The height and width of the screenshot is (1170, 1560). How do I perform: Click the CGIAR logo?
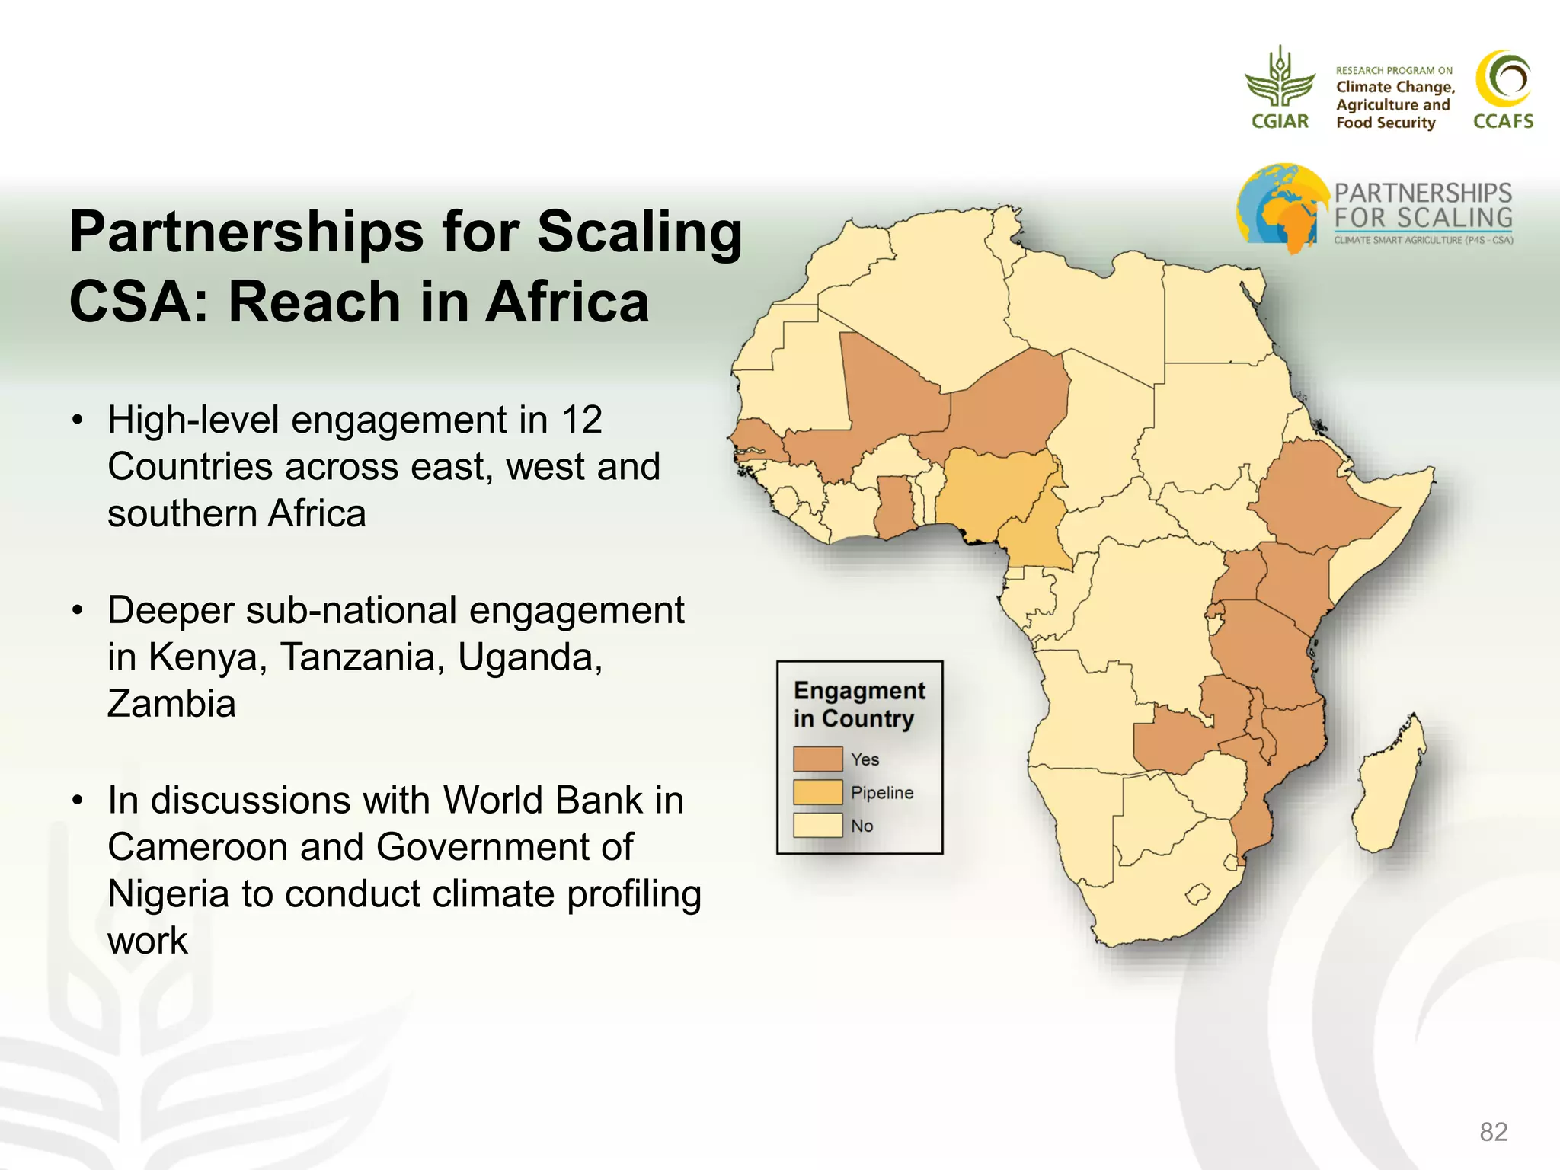click(x=1280, y=88)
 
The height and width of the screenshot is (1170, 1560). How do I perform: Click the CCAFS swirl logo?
click(x=1503, y=79)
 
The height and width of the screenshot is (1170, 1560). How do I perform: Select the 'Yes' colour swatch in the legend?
click(x=817, y=759)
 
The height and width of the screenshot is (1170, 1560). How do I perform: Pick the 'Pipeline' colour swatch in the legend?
click(x=817, y=792)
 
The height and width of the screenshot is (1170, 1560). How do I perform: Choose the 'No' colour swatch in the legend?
click(x=817, y=825)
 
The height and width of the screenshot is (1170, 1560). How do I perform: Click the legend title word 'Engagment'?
click(x=859, y=690)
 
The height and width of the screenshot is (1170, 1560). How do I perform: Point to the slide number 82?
click(x=1493, y=1132)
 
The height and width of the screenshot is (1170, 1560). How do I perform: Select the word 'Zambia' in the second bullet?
click(x=171, y=703)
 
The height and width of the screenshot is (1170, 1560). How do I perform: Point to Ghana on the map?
click(x=894, y=507)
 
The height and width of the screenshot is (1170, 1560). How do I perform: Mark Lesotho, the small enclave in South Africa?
click(x=1198, y=893)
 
